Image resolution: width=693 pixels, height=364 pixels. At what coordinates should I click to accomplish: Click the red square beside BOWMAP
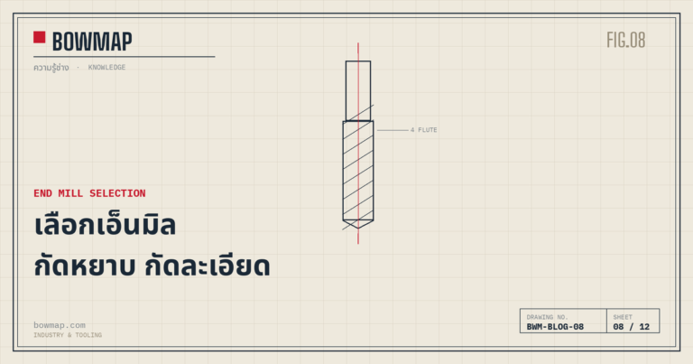(40, 37)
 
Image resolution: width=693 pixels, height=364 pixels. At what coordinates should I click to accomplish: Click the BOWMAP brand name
(92, 42)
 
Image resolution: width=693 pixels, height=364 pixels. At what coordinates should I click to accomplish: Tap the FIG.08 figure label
(626, 41)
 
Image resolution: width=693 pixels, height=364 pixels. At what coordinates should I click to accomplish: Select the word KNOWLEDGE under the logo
(107, 67)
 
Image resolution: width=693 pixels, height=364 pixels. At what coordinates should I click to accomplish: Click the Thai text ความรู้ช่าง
(51, 68)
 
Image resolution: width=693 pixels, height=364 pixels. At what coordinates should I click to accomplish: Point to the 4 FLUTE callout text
(424, 130)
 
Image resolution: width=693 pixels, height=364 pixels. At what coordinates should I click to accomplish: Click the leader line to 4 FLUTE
(393, 130)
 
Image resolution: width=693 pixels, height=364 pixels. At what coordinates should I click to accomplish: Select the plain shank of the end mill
(358, 90)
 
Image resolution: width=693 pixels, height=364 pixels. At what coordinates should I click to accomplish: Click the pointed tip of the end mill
(358, 227)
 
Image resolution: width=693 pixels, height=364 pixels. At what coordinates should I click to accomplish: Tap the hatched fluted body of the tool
(358, 171)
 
